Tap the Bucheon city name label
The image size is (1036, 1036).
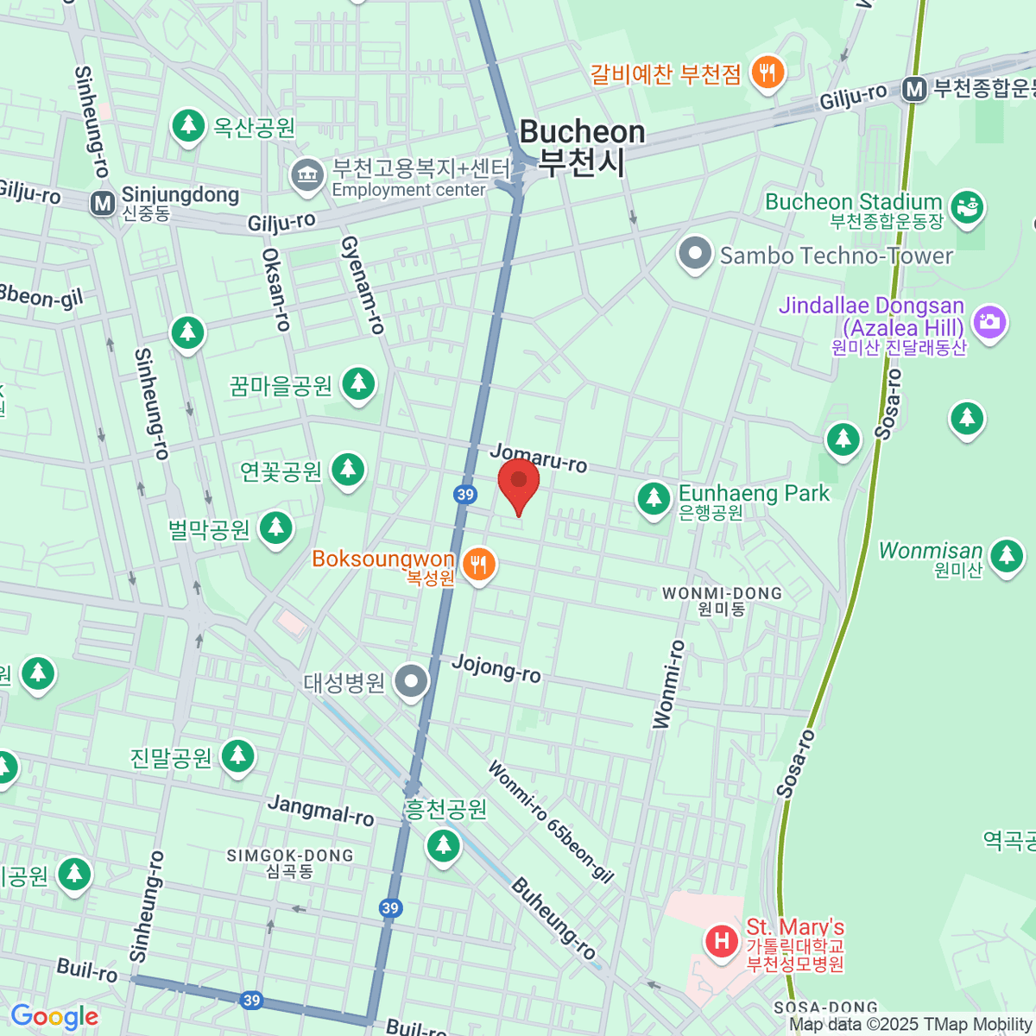582,146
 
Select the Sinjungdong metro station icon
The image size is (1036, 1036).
103,204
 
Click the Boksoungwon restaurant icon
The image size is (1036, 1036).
478,565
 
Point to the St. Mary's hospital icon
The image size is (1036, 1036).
721,939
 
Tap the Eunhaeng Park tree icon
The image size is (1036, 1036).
654,498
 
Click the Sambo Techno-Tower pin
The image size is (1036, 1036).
695,254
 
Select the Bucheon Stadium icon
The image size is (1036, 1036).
967,207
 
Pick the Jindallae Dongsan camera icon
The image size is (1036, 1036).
989,322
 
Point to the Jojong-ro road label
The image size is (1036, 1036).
496,668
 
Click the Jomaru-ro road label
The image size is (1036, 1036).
539,458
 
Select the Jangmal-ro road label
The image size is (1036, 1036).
320,810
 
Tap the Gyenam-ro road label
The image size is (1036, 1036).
362,285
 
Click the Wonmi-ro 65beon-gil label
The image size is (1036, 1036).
550,822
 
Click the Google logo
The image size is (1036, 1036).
54,1017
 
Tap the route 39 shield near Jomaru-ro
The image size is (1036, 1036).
465,494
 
